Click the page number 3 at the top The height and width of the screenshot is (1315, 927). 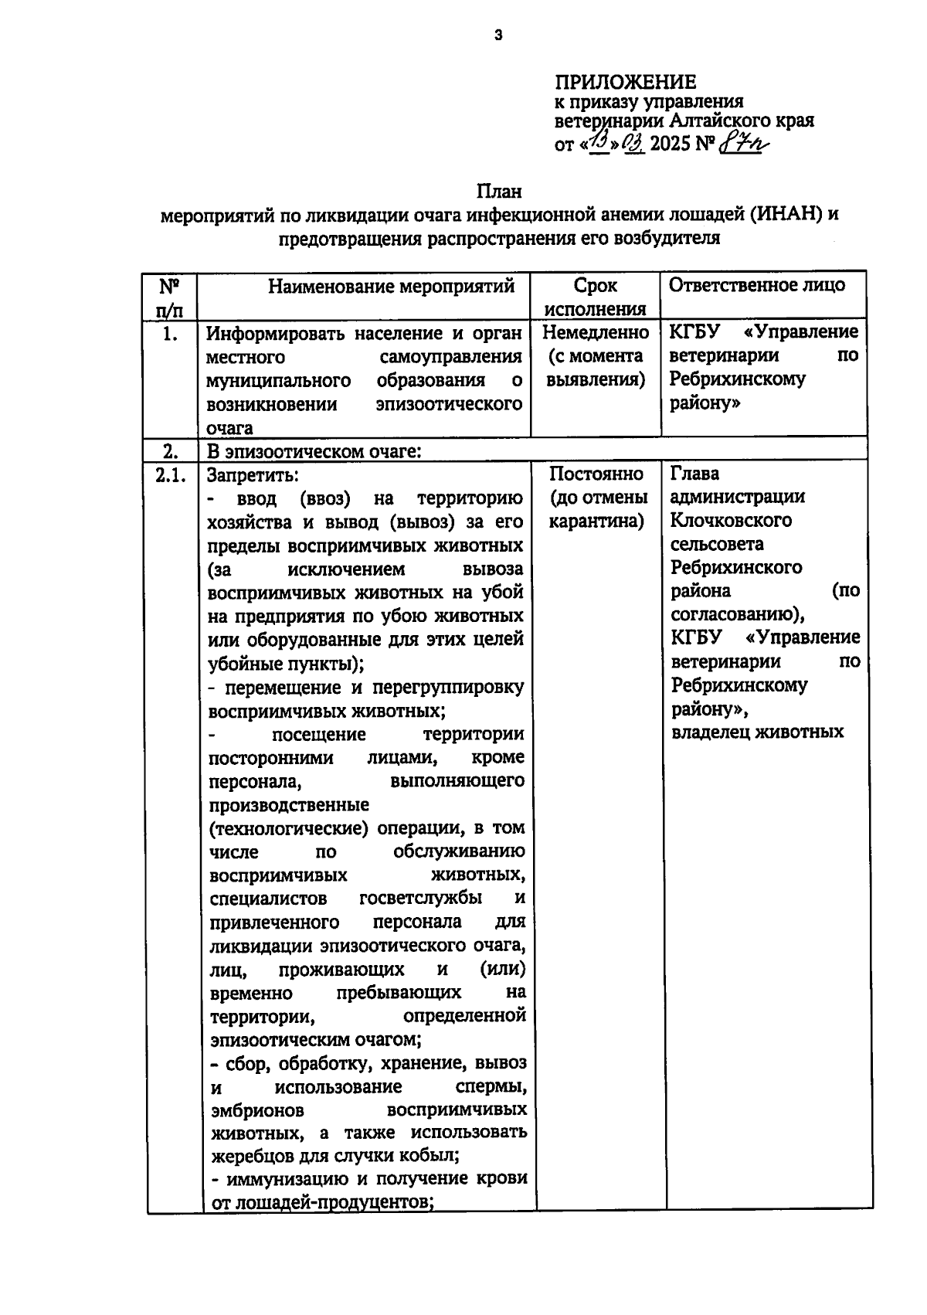pyautogui.click(x=498, y=34)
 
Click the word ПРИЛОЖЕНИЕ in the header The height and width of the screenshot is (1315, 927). pyautogui.click(x=625, y=82)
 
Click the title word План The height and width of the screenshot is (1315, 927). pyautogui.click(x=498, y=190)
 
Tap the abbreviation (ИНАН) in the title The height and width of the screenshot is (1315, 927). pyautogui.click(x=786, y=214)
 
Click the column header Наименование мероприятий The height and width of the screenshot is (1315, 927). pyautogui.click(x=391, y=287)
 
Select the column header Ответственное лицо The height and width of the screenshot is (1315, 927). pyautogui.click(x=756, y=284)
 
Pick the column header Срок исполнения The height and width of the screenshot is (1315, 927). pyautogui.click(x=595, y=297)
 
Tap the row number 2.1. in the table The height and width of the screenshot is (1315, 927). pyautogui.click(x=171, y=475)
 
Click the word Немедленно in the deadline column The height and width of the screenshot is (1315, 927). pyautogui.click(x=596, y=332)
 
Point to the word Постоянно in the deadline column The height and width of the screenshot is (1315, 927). pyautogui.click(x=596, y=474)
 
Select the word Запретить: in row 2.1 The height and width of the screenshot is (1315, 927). pyautogui.click(x=253, y=475)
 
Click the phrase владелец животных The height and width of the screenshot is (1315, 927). pyautogui.click(x=757, y=732)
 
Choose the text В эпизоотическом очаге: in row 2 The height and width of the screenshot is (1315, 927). pyautogui.click(x=313, y=451)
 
